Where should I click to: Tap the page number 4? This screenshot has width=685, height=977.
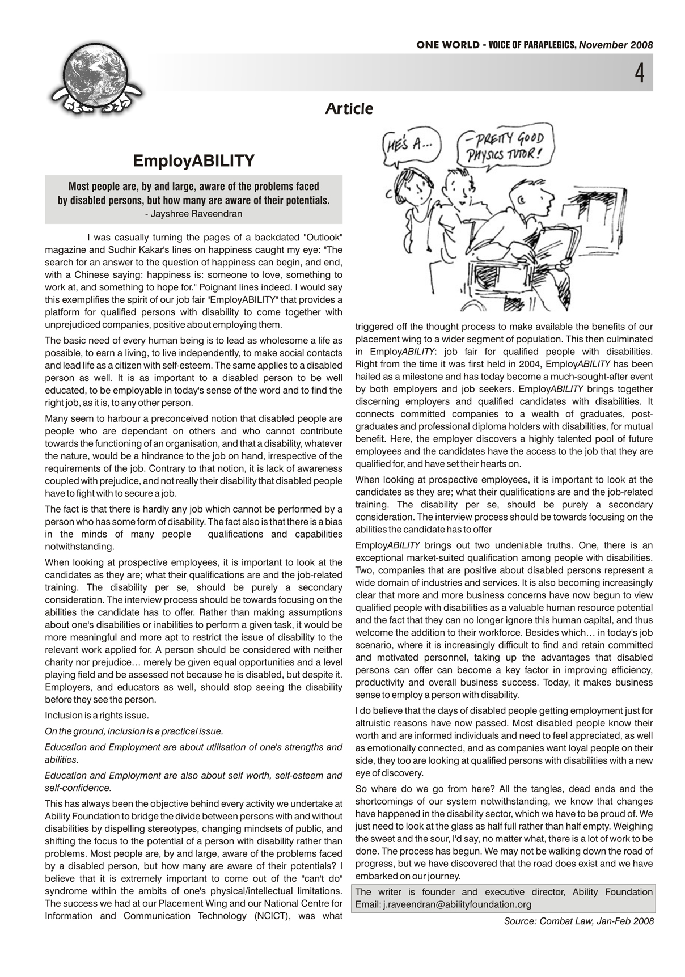(639, 73)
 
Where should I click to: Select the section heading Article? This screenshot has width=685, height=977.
(349, 108)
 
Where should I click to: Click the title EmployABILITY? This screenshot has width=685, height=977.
(193, 161)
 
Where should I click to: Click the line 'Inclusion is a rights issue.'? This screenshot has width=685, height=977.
(97, 715)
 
